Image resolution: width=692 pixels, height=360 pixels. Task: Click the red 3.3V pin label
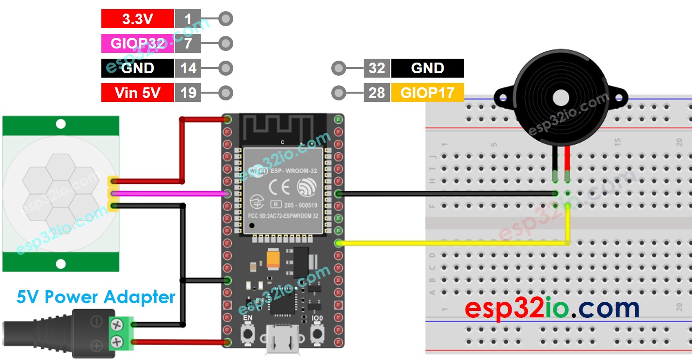pyautogui.click(x=137, y=19)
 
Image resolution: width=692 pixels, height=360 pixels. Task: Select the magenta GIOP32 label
pyautogui.click(x=137, y=44)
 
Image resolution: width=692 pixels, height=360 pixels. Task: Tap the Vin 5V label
pyautogui.click(x=137, y=93)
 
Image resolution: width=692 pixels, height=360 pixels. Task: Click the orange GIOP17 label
pyautogui.click(x=427, y=93)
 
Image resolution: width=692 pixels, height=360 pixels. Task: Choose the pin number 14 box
pyautogui.click(x=188, y=68)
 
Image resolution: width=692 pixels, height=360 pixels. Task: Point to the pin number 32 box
pyautogui.click(x=376, y=68)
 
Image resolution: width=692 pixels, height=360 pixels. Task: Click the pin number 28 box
pyautogui.click(x=376, y=93)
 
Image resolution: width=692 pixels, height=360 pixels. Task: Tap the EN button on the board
pyautogui.click(x=248, y=333)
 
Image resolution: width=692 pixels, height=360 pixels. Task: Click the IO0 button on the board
pyautogui.click(x=318, y=333)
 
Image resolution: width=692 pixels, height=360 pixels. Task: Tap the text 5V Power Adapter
pyautogui.click(x=96, y=296)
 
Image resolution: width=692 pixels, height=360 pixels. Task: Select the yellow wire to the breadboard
pyautogui.click(x=451, y=243)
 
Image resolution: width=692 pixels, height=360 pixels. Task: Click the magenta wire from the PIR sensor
pyautogui.click(x=170, y=194)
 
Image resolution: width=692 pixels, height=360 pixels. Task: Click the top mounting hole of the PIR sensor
pyautogui.click(x=61, y=124)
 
